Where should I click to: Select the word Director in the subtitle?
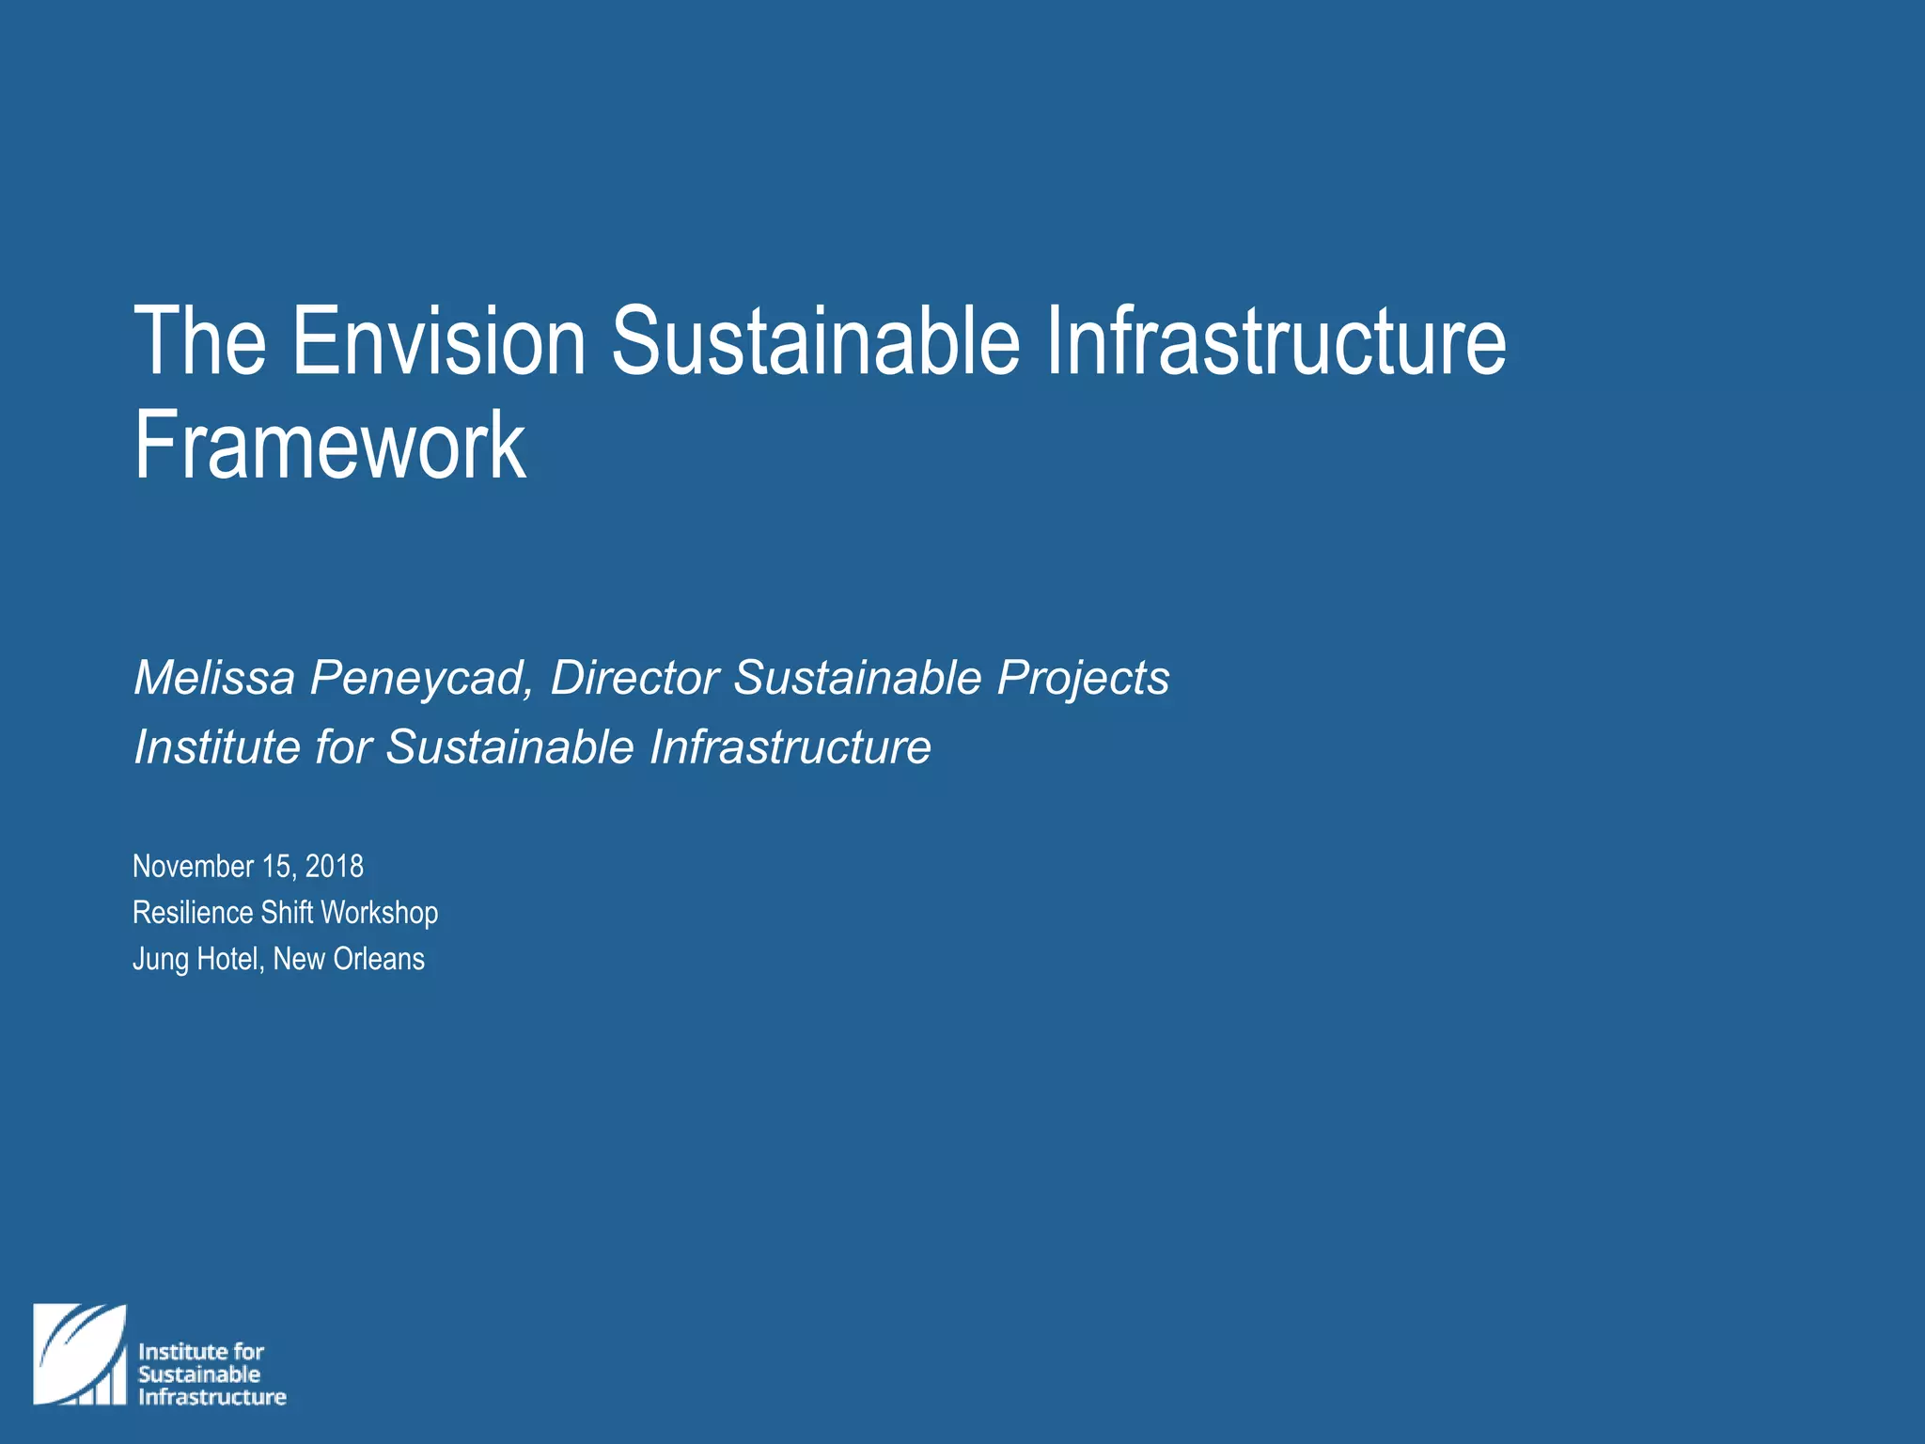(634, 678)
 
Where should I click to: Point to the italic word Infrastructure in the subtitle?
(790, 747)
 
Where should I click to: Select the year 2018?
(335, 866)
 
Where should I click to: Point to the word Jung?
(160, 960)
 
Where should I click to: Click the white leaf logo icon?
(80, 1355)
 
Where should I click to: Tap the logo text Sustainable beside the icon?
(199, 1374)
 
